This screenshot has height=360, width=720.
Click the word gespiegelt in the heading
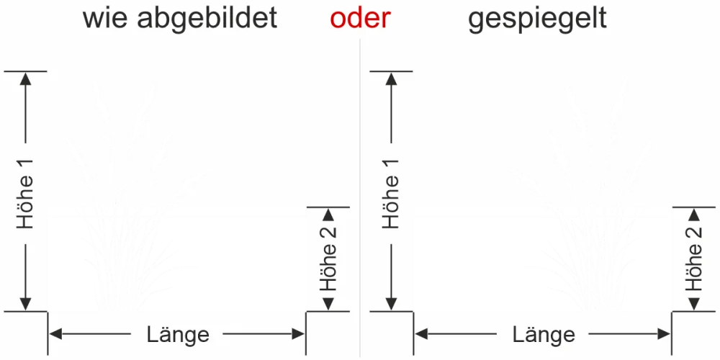[x=537, y=19]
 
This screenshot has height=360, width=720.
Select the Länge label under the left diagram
[x=178, y=335]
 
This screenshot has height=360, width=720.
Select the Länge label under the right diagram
[x=544, y=335]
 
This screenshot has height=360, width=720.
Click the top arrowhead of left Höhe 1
[x=27, y=78]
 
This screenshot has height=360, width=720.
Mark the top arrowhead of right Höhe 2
[x=694, y=214]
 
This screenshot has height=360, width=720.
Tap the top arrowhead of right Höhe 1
[x=392, y=78]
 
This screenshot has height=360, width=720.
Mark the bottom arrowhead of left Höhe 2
[x=328, y=305]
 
